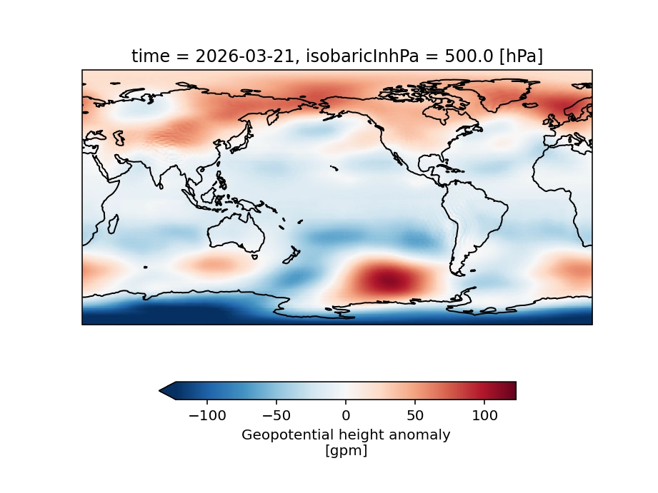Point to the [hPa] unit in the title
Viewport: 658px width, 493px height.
[520, 57]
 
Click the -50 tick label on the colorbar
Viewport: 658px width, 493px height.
[276, 415]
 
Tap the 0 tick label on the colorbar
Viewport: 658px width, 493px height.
[346, 415]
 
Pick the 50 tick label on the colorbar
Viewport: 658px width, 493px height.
[415, 415]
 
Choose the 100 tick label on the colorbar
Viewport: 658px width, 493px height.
[484, 415]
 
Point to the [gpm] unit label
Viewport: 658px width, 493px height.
[346, 451]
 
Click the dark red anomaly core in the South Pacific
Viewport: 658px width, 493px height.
[387, 279]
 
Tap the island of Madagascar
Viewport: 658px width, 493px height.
[112, 224]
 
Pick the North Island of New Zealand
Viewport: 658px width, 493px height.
[294, 252]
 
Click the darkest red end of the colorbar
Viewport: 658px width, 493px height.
[512, 390]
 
